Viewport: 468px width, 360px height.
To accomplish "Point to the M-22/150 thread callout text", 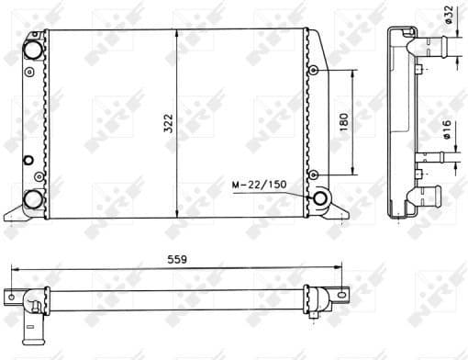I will [259, 186].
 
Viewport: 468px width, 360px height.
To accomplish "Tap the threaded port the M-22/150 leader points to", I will [322, 199].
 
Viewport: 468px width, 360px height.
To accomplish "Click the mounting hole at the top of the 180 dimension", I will [314, 71].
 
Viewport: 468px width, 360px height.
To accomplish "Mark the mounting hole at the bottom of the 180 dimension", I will [314, 174].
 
